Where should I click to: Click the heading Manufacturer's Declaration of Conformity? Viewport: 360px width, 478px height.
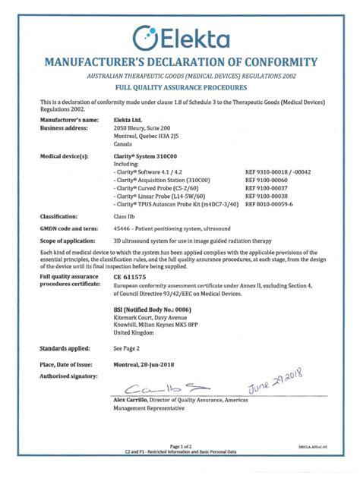pyautogui.click(x=180, y=61)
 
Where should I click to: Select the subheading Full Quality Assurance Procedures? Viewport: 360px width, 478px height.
pyautogui.click(x=180, y=88)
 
